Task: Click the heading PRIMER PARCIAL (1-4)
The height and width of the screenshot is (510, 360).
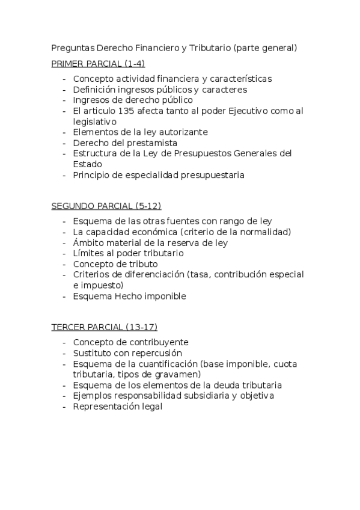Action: click(x=98, y=63)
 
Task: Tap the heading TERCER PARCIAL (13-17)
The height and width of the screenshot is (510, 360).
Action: click(x=104, y=327)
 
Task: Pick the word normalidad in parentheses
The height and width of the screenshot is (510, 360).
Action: click(x=263, y=232)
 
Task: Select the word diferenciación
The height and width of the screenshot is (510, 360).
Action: click(x=153, y=275)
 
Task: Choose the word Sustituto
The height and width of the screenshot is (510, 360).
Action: click(x=93, y=353)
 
